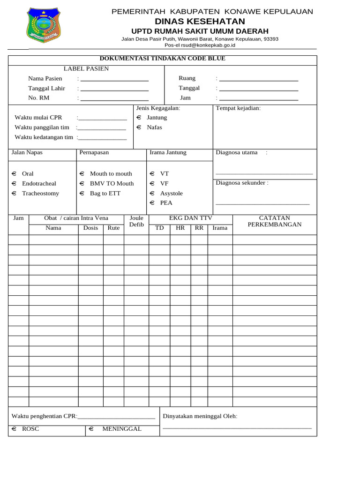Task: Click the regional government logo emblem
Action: (43, 26)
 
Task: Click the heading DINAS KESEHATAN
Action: (200, 22)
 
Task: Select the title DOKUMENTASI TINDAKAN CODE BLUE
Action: (162, 59)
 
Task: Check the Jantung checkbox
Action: (139, 118)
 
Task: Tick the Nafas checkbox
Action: (139, 127)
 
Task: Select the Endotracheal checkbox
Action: (14, 184)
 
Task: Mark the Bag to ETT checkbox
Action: (82, 194)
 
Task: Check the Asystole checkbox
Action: (152, 194)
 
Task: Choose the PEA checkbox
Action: (152, 203)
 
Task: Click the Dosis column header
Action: (90, 228)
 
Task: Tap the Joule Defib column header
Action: (136, 222)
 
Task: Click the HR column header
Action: (180, 228)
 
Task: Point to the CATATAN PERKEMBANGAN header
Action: (274, 221)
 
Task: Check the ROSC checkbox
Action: (14, 429)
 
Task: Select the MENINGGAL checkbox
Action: (91, 429)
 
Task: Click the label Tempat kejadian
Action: (238, 108)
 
